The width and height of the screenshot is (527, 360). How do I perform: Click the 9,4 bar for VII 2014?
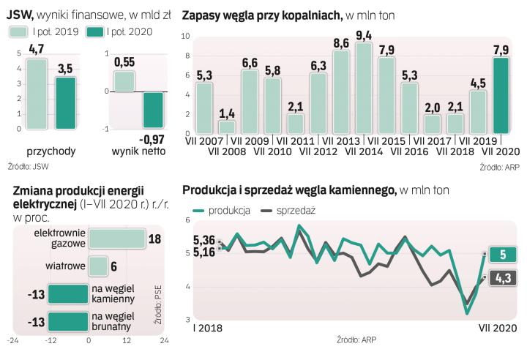pyautogui.click(x=364, y=88)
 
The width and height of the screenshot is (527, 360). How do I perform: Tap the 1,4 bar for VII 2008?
pyautogui.click(x=227, y=127)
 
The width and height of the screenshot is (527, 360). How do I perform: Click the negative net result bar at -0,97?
pyautogui.click(x=154, y=110)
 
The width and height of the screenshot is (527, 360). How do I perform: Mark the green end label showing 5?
pyautogui.click(x=503, y=255)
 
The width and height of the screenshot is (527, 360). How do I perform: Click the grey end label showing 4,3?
pyautogui.click(x=503, y=277)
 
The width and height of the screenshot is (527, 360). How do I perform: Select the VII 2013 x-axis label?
pyautogui.click(x=341, y=140)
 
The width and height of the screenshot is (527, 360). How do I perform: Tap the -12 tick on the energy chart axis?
pyautogui.click(x=51, y=341)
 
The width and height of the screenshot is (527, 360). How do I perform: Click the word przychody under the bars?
pyautogui.click(x=47, y=151)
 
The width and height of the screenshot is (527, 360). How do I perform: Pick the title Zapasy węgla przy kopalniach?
pyautogui.click(x=261, y=15)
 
